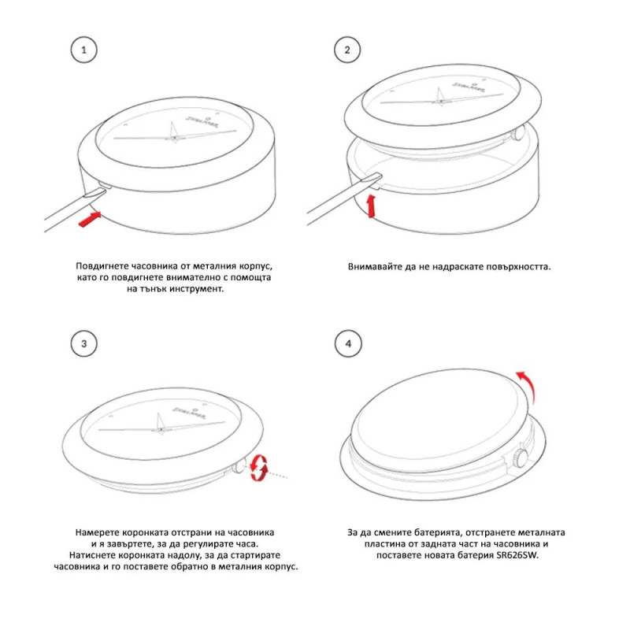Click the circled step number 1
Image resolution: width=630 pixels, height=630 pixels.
(84, 50)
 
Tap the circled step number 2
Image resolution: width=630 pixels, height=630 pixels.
(347, 50)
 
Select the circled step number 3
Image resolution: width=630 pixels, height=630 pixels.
(84, 344)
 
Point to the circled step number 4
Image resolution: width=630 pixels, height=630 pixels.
(348, 344)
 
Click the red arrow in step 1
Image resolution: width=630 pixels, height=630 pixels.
(89, 220)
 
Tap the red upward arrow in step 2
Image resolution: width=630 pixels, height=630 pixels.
(372, 206)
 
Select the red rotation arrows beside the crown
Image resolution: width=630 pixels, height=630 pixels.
(258, 467)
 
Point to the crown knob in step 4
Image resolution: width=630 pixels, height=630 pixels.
(521, 458)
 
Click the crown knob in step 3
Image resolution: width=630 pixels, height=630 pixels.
(239, 466)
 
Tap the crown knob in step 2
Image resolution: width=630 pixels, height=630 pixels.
(518, 133)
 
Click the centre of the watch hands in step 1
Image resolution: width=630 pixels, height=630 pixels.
(174, 138)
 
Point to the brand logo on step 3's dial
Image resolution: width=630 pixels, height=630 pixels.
(189, 411)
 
